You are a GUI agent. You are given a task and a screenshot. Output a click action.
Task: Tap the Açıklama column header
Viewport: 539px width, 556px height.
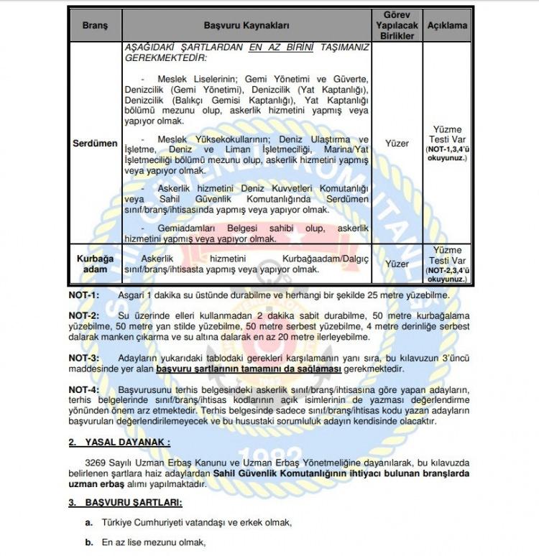[x=448, y=25]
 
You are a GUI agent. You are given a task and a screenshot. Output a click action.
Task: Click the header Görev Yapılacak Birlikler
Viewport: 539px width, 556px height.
[x=397, y=25]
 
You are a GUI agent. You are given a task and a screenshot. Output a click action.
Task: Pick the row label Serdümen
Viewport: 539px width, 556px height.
[x=95, y=144]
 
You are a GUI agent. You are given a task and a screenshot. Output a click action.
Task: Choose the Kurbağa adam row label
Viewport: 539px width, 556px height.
[x=95, y=264]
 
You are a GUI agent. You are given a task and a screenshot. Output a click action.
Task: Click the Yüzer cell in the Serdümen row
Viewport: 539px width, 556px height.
[x=397, y=144]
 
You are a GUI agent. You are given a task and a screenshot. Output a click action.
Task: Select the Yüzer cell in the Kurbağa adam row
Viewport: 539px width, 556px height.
[x=397, y=264]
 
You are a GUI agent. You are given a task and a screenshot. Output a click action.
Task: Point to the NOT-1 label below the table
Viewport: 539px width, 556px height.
[x=84, y=295]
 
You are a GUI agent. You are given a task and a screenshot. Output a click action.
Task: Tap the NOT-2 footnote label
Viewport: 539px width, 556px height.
[x=84, y=315]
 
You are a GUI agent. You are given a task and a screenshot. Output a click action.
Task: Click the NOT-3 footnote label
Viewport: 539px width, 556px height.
[x=84, y=357]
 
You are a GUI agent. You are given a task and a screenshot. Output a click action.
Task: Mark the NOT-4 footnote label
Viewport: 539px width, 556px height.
[x=84, y=389]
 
